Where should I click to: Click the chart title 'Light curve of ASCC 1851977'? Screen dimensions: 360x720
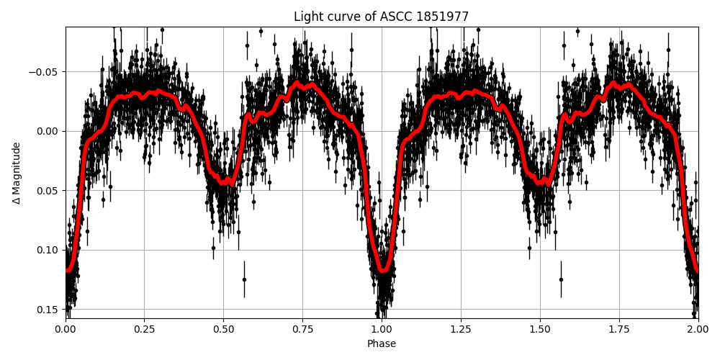(x=381, y=17)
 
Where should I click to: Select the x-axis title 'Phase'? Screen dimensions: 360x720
(x=381, y=344)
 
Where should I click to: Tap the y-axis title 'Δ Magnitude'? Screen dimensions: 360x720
(x=17, y=172)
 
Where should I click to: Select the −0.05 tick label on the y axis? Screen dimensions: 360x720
(x=45, y=72)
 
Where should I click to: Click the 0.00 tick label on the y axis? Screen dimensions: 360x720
(x=48, y=131)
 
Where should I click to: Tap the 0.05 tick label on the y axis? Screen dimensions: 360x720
(x=48, y=191)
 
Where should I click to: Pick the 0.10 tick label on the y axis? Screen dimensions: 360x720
(x=48, y=250)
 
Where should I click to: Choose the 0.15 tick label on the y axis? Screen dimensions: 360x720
(x=48, y=310)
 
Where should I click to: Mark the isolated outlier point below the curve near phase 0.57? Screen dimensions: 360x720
(x=244, y=279)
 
